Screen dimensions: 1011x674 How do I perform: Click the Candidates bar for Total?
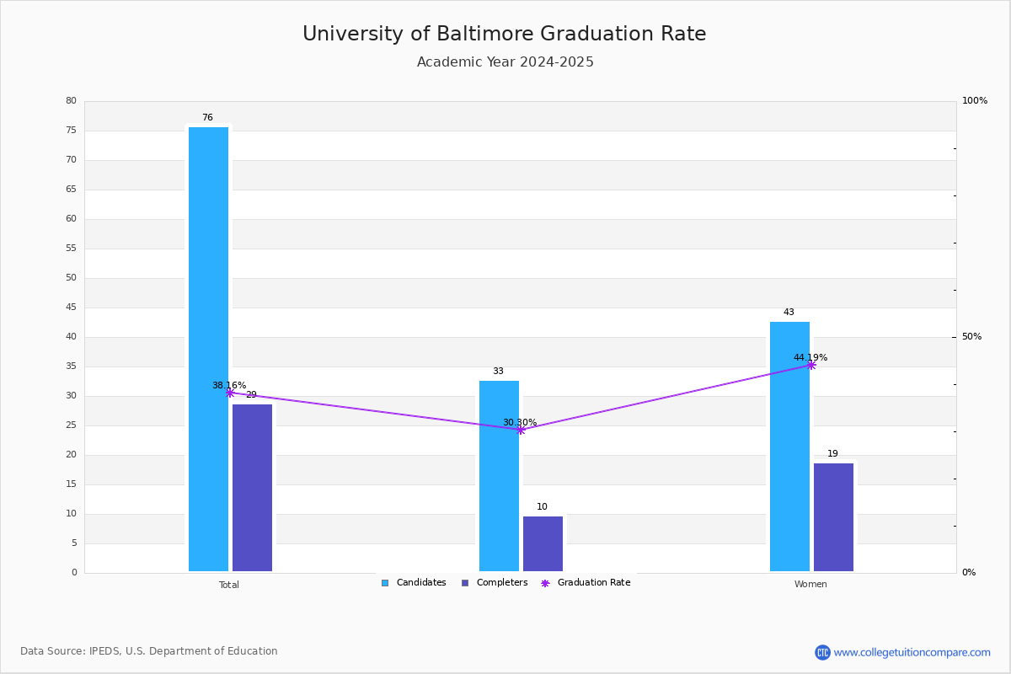click(209, 349)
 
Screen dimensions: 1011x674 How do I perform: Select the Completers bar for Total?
click(252, 488)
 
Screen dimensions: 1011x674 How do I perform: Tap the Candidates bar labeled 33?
click(499, 476)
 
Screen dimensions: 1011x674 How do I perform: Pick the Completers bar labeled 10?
click(543, 543)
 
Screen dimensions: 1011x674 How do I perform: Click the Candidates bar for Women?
click(790, 447)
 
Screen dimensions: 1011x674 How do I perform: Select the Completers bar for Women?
click(833, 517)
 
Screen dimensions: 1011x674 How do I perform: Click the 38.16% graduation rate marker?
click(230, 393)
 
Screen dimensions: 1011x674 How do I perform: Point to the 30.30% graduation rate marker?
click(521, 431)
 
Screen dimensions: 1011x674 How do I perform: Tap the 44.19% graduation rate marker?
click(811, 365)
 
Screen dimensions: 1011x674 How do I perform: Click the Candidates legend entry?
click(414, 583)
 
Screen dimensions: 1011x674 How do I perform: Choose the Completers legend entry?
click(495, 583)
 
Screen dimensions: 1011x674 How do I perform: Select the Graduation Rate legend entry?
click(586, 583)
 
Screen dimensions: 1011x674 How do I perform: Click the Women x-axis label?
click(810, 584)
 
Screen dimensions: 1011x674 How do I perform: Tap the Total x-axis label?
click(229, 585)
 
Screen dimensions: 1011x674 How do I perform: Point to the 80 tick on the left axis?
click(72, 100)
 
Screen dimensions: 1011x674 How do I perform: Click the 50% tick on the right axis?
click(971, 337)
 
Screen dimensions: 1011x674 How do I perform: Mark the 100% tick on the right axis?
click(975, 100)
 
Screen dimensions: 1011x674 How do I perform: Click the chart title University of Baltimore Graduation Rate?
click(504, 34)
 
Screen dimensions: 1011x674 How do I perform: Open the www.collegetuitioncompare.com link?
click(912, 652)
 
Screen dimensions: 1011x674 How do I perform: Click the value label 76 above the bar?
click(207, 117)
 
